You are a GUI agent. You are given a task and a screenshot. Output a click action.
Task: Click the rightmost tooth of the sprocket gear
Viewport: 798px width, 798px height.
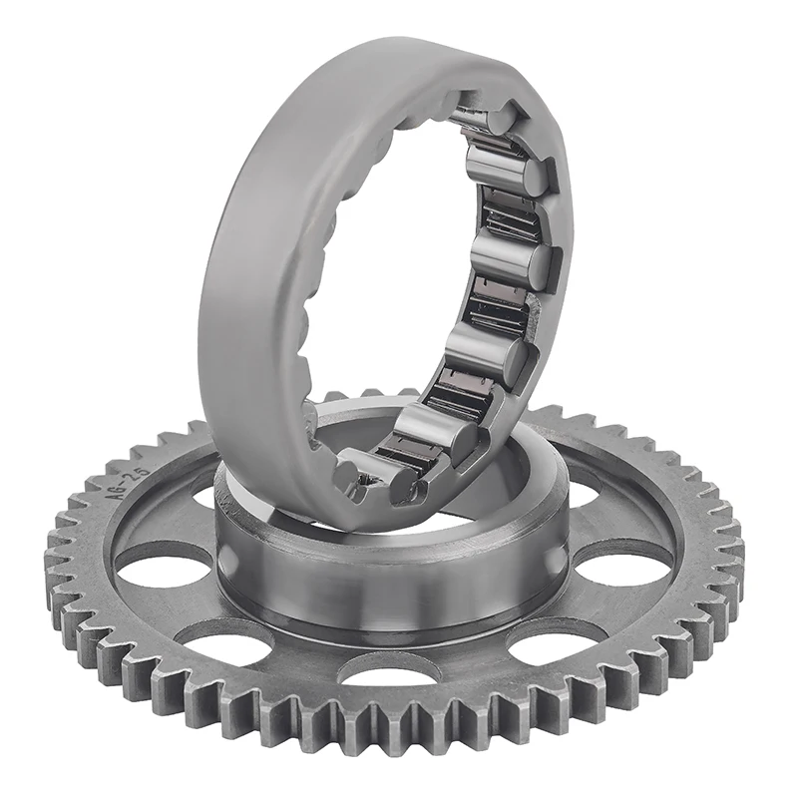pos(739,554)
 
